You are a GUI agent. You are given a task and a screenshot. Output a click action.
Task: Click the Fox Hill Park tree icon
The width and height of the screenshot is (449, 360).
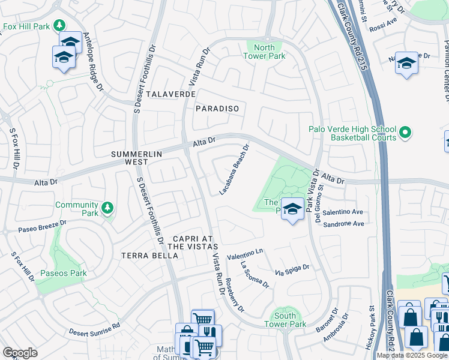pos(59,25)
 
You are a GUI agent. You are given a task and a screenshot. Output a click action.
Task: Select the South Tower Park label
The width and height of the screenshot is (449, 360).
pos(285,320)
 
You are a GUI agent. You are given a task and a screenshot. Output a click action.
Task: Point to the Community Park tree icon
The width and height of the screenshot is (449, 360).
pos(107,208)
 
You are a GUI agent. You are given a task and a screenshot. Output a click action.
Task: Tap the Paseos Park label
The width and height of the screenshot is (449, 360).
pos(64,273)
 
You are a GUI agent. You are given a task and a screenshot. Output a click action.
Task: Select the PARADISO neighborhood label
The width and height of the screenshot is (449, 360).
pos(217,109)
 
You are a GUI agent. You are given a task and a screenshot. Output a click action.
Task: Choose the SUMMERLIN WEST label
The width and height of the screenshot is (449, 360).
pos(137,158)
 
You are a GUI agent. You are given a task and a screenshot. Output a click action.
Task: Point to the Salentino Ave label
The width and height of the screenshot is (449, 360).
pos(343,212)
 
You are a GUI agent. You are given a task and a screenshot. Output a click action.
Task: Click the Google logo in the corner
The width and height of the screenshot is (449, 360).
pos(20,353)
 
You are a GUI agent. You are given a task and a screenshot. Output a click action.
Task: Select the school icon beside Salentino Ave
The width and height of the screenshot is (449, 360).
pos(292,209)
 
